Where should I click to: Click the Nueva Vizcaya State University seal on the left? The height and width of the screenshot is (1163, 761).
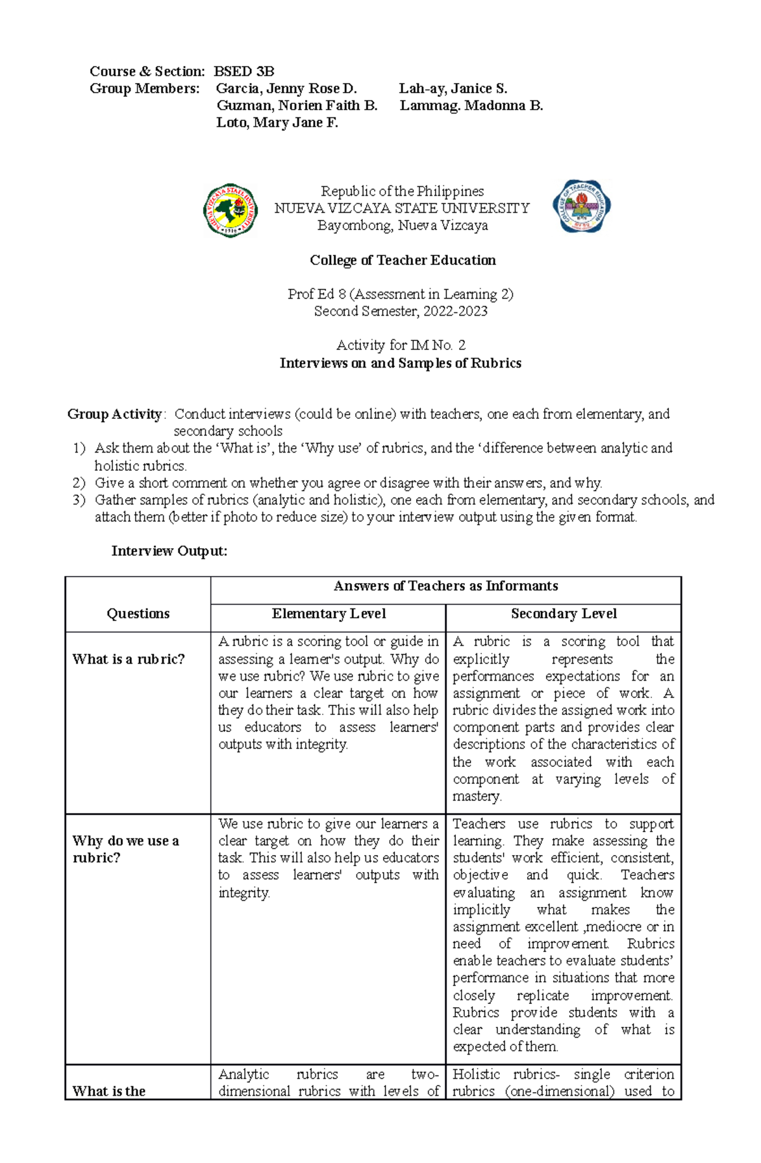tap(230, 210)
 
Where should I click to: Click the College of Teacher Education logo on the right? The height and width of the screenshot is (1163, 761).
tap(582, 207)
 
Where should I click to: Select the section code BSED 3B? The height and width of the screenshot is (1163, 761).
tap(244, 71)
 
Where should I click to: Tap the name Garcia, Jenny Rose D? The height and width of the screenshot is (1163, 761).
tap(287, 88)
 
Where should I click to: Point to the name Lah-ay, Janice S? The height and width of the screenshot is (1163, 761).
tap(453, 88)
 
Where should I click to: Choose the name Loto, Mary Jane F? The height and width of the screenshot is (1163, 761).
tap(277, 122)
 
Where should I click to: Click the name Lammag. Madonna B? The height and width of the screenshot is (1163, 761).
tap(471, 105)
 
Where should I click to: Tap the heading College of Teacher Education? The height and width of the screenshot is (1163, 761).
tap(403, 260)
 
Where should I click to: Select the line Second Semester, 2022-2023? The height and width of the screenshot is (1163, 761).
tap(401, 311)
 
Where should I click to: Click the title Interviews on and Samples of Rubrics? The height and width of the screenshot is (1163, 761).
tap(401, 363)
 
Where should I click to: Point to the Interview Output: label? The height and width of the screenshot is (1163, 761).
tap(169, 551)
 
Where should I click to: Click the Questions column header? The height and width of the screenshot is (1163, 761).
tap(138, 613)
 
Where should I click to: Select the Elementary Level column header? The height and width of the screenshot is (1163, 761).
tap(328, 613)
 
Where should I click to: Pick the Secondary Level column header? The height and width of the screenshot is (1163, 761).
tap(564, 613)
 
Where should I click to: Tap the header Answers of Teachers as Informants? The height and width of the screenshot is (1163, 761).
tap(446, 586)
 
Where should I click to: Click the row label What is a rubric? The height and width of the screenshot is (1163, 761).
tap(129, 659)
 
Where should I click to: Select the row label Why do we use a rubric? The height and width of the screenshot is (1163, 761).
tap(126, 849)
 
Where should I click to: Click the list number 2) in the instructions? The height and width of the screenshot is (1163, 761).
tap(79, 483)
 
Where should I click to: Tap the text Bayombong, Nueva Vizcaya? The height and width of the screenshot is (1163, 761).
tap(403, 226)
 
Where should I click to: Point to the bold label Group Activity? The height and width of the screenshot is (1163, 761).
tap(115, 414)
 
